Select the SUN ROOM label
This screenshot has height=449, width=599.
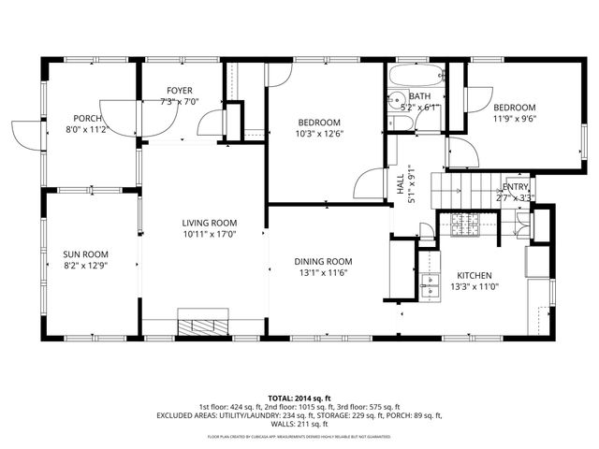click(x=86, y=254)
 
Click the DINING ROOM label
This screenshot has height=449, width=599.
click(x=323, y=262)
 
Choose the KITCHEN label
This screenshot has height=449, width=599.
click(x=475, y=275)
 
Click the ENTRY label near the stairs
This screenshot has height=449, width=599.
click(x=516, y=187)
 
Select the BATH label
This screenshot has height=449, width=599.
click(x=419, y=96)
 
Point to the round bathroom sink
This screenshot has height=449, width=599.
click(x=396, y=99)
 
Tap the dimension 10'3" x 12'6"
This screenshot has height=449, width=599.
click(x=319, y=134)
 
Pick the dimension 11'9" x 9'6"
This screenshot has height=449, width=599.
click(x=516, y=119)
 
